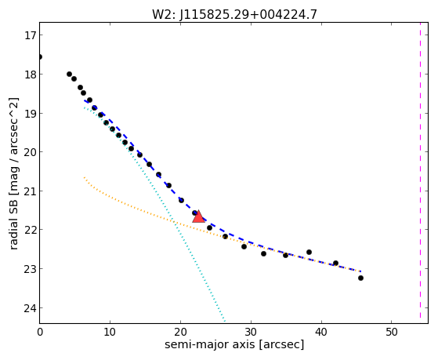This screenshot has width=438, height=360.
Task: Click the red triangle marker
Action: click(x=198, y=216)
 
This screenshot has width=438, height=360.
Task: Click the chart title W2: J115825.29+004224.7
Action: click(x=234, y=15)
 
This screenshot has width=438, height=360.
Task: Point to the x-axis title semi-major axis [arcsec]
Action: click(x=234, y=344)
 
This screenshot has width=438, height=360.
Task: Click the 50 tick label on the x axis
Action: click(x=391, y=332)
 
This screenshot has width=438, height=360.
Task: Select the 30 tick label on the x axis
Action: click(x=251, y=332)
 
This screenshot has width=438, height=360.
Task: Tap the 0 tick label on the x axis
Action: click(x=40, y=332)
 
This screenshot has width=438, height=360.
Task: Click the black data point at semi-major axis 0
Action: click(x=40, y=57)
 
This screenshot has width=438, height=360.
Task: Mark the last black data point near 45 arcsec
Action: click(x=360, y=278)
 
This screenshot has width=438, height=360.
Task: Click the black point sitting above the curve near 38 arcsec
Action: click(x=309, y=253)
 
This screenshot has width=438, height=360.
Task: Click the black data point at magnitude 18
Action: click(x=69, y=75)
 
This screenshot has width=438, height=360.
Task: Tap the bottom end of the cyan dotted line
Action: click(x=225, y=321)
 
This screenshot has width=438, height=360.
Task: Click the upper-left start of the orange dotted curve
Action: click(x=84, y=177)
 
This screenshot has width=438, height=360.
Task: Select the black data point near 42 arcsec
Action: click(x=335, y=264)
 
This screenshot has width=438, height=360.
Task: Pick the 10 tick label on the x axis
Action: click(x=110, y=332)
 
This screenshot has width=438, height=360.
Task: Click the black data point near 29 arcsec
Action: click(x=244, y=247)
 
